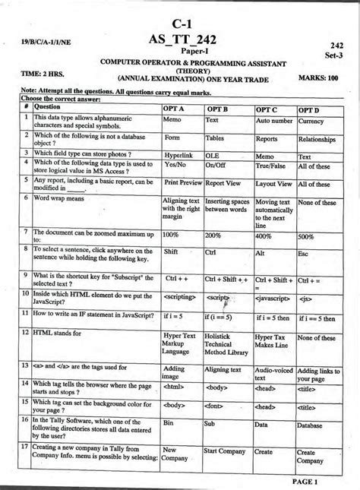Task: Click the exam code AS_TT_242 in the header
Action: pyautogui.click(x=185, y=40)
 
